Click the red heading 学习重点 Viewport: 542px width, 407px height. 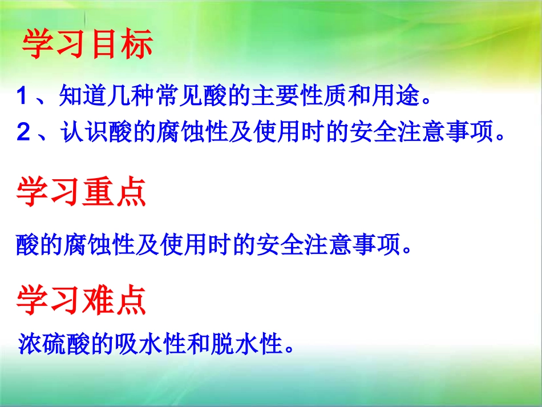pos(81,192)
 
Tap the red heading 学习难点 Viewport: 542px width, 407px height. pos(81,300)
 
